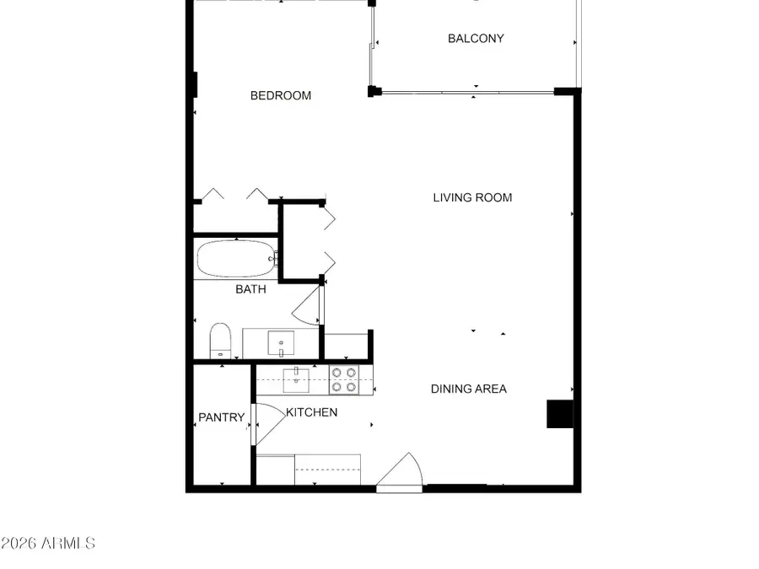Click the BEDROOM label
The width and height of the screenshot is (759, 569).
click(281, 96)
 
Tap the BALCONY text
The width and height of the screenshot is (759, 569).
click(476, 39)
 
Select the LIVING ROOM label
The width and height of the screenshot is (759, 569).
click(472, 198)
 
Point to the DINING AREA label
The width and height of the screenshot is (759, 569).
click(469, 389)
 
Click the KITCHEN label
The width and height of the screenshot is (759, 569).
click(311, 412)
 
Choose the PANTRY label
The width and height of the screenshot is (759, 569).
click(221, 417)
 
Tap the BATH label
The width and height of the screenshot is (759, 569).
click(250, 289)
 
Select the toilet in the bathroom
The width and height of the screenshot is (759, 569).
click(220, 340)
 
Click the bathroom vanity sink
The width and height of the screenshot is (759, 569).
click(280, 343)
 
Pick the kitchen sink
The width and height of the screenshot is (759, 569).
click(295, 380)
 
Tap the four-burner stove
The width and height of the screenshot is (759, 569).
click(342, 380)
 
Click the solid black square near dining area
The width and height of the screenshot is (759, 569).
click(560, 414)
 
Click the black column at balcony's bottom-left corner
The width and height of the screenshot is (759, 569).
click(374, 91)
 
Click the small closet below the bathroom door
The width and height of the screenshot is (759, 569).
click(346, 347)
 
